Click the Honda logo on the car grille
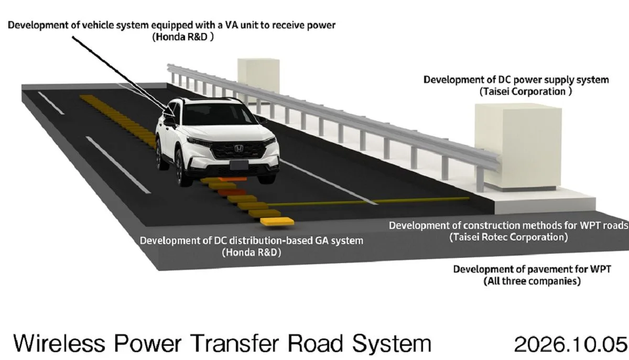click(238, 148)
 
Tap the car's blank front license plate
click(239, 165)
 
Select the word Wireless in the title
click(59, 343)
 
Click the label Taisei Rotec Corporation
click(508, 237)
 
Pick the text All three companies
click(532, 281)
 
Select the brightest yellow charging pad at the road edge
click(277, 222)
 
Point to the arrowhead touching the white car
click(170, 111)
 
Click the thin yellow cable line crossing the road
click(368, 201)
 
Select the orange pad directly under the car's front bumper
click(233, 179)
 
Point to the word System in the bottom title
click(392, 343)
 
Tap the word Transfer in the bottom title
click(236, 343)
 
